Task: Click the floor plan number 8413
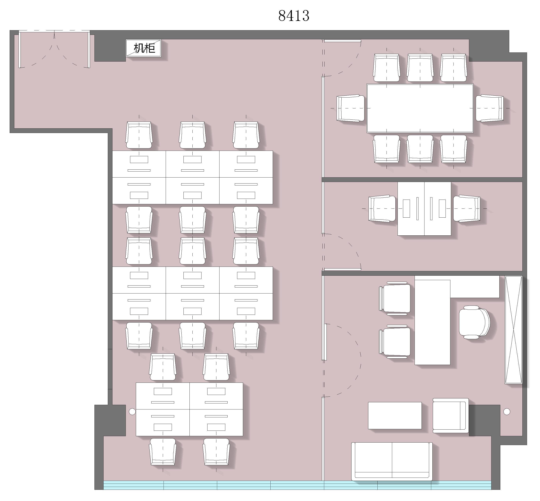coord(294,16)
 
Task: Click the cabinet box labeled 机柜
coord(143,48)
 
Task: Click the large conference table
coord(420,108)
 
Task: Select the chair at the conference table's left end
coord(350,108)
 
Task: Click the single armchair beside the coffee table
coord(450,415)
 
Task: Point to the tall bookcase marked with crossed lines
coord(513,330)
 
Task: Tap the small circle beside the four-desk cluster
coord(132,412)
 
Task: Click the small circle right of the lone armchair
coord(507,412)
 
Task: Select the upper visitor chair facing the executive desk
coord(395,299)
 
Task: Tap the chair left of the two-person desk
coord(382,208)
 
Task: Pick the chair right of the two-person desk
coord(466,208)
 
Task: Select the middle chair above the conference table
coord(420,68)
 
